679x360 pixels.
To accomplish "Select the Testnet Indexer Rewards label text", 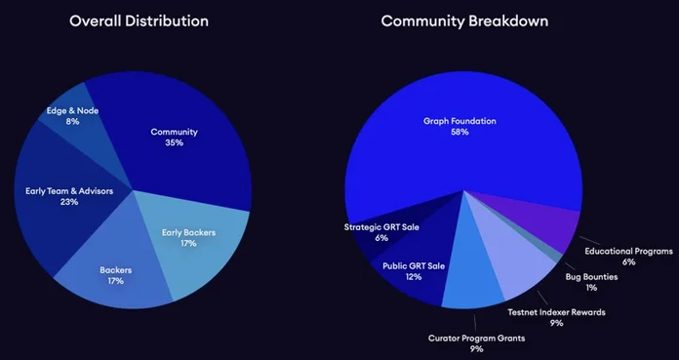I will (555, 312).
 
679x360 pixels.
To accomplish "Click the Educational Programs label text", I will (623, 251).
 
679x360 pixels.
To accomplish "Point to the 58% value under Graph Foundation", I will (459, 133).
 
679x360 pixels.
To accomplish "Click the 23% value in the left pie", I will (69, 202).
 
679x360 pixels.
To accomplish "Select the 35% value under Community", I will (176, 143).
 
